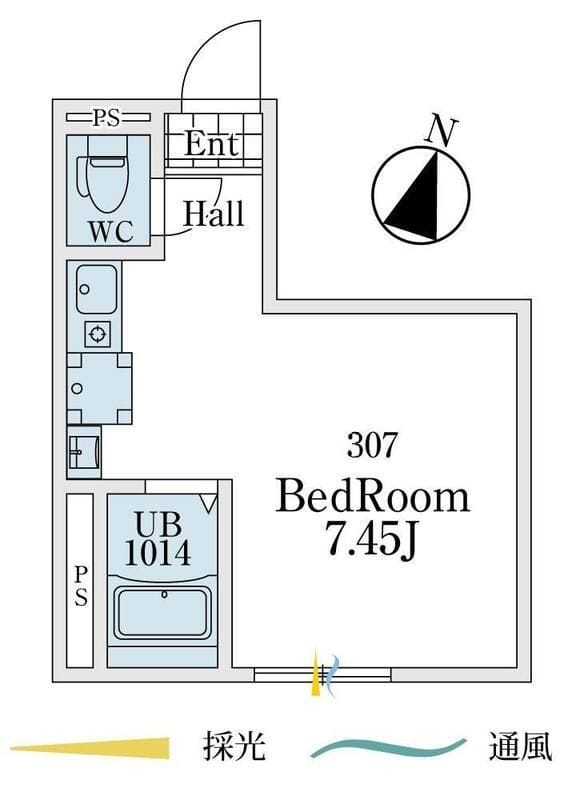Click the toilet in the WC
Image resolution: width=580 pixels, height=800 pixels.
click(106, 176)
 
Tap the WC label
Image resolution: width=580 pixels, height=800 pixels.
click(111, 232)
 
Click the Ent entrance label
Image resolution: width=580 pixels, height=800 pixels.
click(211, 144)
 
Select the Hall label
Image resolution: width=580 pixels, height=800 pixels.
click(214, 214)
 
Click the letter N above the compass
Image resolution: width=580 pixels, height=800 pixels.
click(442, 132)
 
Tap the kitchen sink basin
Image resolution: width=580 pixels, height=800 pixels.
click(96, 289)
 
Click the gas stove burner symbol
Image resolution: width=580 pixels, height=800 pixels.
click(97, 335)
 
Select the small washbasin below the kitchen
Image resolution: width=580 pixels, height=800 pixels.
click(83, 452)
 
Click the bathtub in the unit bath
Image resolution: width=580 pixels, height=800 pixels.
click(163, 613)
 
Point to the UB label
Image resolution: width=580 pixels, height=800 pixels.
click(159, 523)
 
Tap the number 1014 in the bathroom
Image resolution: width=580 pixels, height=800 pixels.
click(158, 552)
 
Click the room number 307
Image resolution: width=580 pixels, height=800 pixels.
click(371, 444)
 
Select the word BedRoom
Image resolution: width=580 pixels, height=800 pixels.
click(372, 497)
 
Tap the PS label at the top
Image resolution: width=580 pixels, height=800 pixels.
click(108, 118)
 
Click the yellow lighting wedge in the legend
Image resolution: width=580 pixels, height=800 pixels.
click(90, 748)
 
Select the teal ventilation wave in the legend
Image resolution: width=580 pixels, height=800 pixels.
click(388, 748)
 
